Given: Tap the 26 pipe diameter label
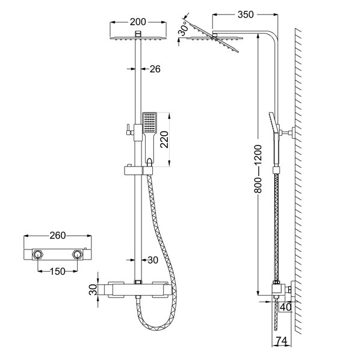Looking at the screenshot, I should pos(155,70).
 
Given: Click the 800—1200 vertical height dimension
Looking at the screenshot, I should pos(258,170).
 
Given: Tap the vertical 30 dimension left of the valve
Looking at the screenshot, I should pos(92,289).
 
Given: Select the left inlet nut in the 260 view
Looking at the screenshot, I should pos(37,255).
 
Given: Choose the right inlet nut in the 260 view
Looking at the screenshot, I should pos(77,255).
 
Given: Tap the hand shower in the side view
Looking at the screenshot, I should pos(272,123).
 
